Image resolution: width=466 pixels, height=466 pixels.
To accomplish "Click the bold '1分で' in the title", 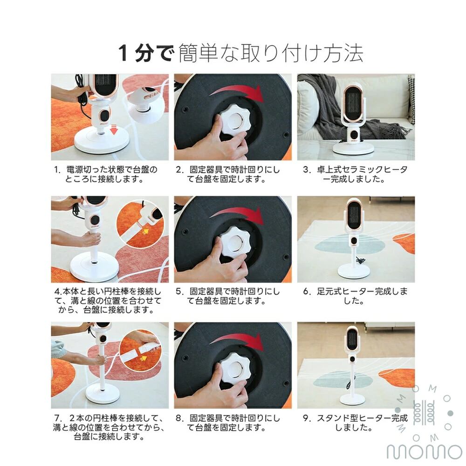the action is click(x=145, y=54).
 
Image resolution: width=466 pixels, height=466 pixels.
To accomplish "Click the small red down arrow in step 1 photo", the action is click(x=114, y=130).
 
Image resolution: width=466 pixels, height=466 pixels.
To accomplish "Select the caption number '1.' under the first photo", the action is click(x=58, y=170).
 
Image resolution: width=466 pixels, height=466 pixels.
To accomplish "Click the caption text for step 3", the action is click(x=355, y=174).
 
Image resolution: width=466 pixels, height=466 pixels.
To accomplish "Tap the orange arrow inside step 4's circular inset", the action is click(x=145, y=231).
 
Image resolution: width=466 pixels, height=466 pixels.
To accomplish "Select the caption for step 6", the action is click(x=355, y=296).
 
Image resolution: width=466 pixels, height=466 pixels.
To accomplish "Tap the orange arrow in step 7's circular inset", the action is click(x=144, y=358).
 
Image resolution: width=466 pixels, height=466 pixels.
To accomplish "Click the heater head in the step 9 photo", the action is click(x=353, y=341).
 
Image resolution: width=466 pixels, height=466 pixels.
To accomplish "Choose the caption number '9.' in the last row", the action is click(x=307, y=418).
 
